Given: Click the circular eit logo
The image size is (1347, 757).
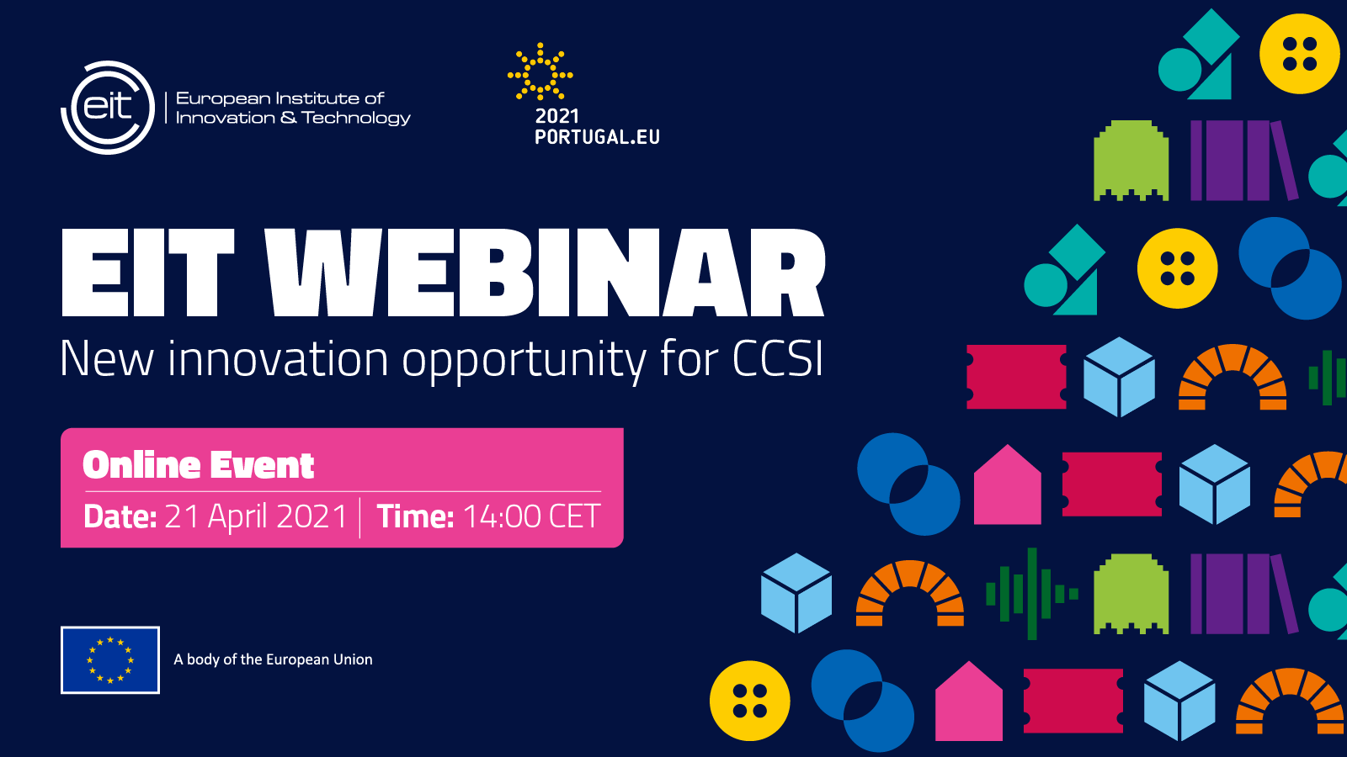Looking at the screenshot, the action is click(x=108, y=108).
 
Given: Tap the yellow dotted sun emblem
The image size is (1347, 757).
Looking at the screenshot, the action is click(x=540, y=71).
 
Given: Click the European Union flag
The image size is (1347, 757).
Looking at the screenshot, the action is click(x=110, y=659).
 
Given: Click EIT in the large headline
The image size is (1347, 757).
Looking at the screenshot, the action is click(x=147, y=273).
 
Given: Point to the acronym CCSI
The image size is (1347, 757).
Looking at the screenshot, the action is click(x=778, y=359).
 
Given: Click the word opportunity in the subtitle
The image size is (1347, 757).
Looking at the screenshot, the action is click(x=524, y=362).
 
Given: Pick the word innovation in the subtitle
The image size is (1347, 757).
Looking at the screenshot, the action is click(x=278, y=358).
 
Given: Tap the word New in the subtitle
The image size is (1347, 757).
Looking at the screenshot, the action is click(x=106, y=358).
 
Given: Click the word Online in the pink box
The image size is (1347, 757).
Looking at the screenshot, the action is click(x=141, y=465).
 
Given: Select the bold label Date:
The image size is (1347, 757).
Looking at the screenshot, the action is click(x=120, y=516).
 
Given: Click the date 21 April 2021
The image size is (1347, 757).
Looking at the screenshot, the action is click(x=256, y=516).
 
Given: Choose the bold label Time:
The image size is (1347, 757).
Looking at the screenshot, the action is click(x=415, y=516).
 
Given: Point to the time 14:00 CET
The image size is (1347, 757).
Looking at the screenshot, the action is click(x=531, y=516).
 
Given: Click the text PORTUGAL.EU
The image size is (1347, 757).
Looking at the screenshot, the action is click(x=597, y=137).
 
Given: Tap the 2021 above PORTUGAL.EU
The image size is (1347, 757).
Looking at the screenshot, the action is click(x=556, y=115).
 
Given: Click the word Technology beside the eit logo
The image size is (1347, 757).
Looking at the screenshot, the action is click(x=356, y=118).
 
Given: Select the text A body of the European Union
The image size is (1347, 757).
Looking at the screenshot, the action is click(x=273, y=659).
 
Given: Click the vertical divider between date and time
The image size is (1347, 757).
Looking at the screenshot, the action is click(x=360, y=517).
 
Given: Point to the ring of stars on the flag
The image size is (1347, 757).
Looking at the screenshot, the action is click(x=110, y=659).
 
